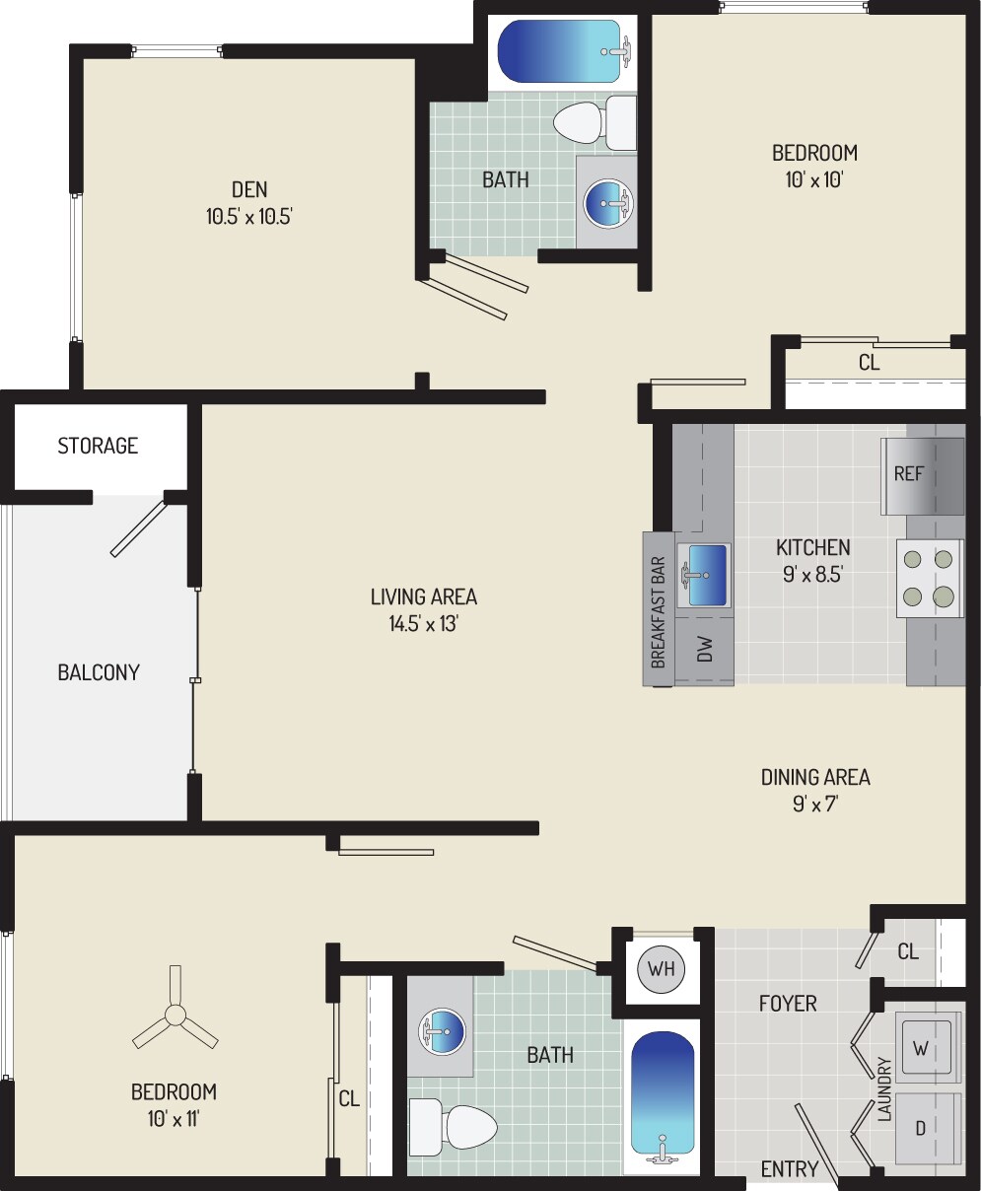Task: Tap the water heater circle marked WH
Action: (x=661, y=967)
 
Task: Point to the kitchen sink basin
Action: (x=703, y=574)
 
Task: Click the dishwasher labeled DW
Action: (x=704, y=650)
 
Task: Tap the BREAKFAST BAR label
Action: (x=659, y=612)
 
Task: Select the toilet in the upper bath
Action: (x=592, y=122)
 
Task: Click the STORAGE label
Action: (x=98, y=446)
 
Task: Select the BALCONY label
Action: (x=99, y=672)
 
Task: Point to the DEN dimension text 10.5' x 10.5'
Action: (x=249, y=217)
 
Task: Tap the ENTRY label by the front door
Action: (x=790, y=1169)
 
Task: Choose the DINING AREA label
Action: (x=815, y=777)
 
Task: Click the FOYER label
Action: (x=788, y=1004)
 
